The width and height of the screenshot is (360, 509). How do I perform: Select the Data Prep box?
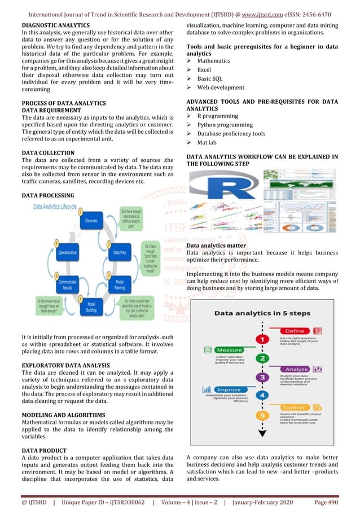[119, 252]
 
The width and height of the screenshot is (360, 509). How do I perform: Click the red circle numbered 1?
[262, 339]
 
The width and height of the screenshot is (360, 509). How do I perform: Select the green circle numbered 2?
[262, 358]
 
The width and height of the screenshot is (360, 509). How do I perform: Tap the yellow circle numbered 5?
[262, 415]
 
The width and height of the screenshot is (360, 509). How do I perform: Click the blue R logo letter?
[214, 195]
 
